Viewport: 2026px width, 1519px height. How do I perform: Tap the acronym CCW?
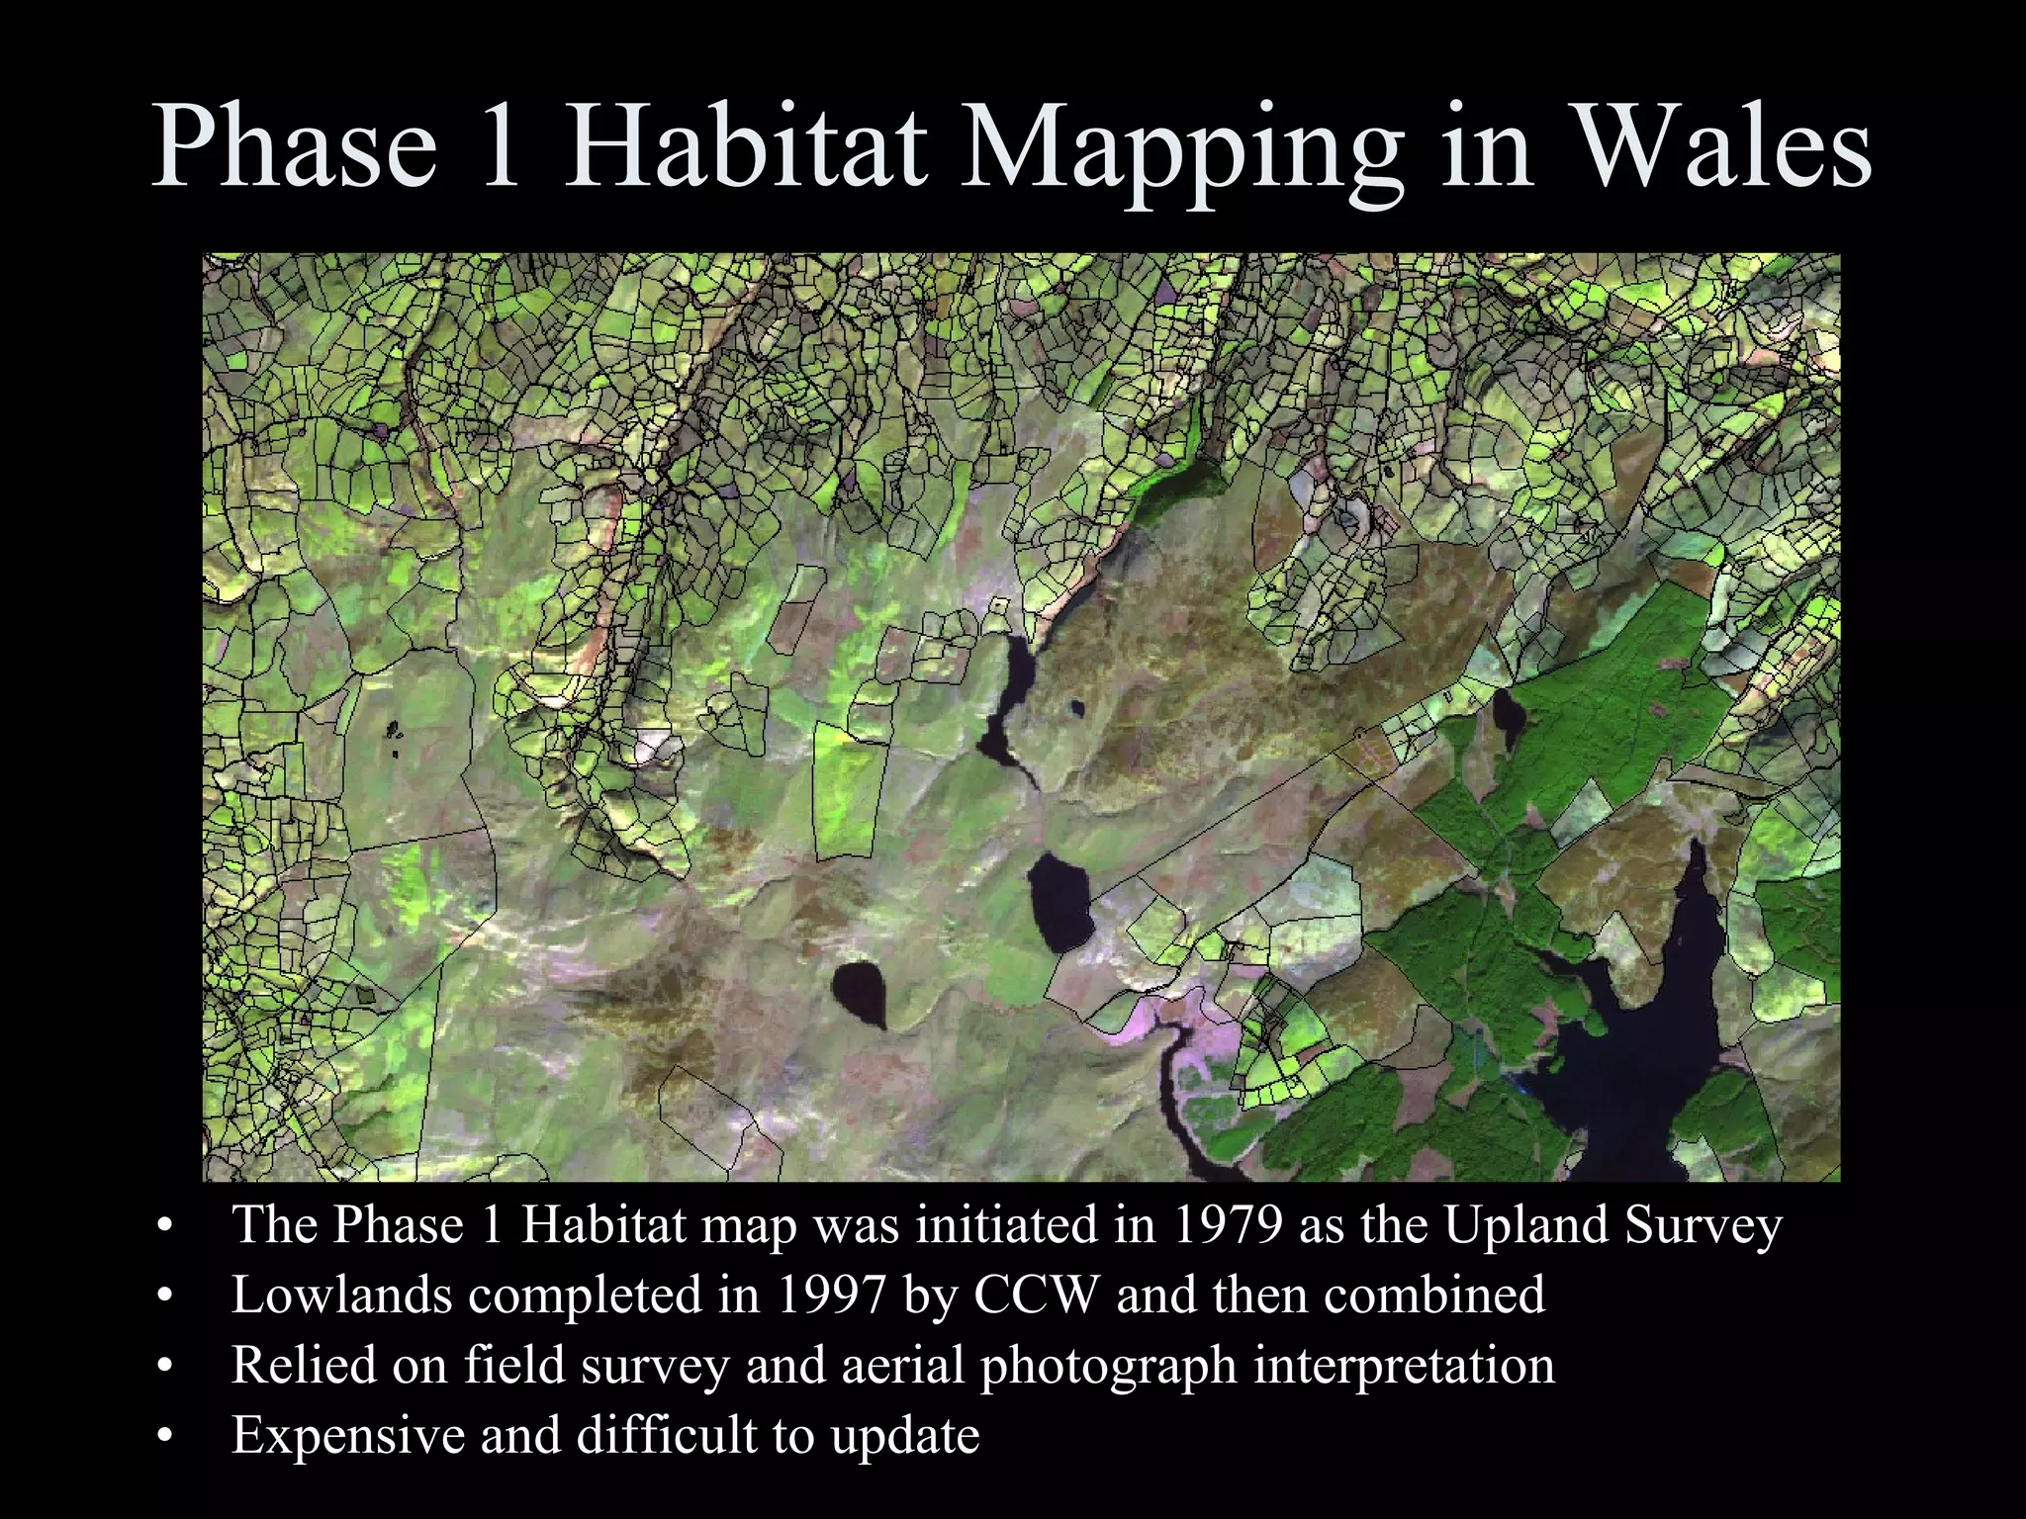[1036, 1295]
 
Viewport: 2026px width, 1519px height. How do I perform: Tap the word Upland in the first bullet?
[1525, 1226]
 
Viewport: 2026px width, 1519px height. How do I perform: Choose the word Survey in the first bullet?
[1704, 1226]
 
